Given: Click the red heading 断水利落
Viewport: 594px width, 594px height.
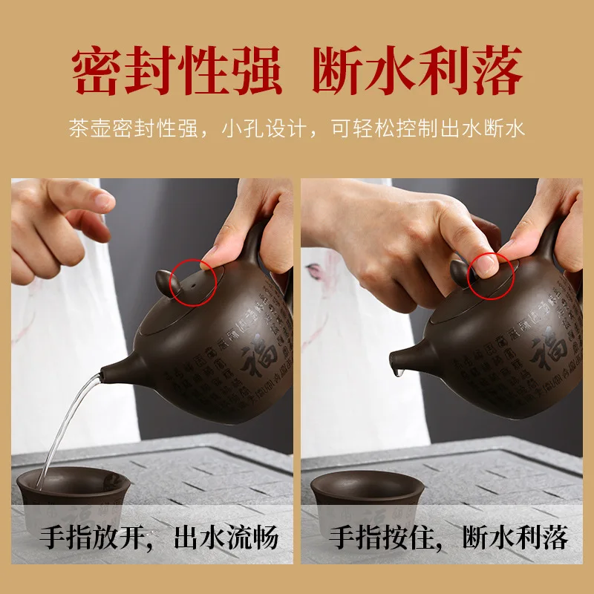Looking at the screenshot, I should pos(417,71).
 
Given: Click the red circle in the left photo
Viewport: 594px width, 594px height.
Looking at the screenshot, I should pos(194,281).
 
